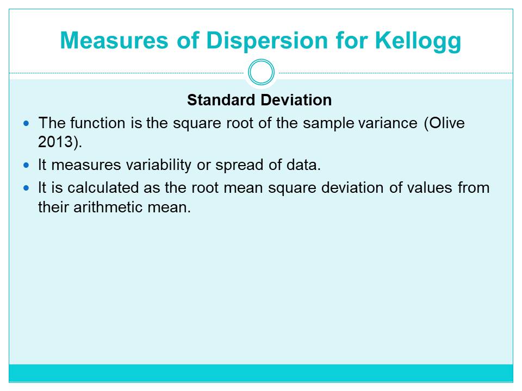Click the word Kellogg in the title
[418, 41]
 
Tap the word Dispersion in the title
[267, 41]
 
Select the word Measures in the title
[114, 41]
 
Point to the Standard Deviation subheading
[259, 100]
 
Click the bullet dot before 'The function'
[26, 124]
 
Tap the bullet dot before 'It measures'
[26, 165]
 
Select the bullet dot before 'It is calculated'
[26, 188]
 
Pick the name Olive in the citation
[447, 123]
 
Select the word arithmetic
[108, 207]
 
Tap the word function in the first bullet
[97, 123]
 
